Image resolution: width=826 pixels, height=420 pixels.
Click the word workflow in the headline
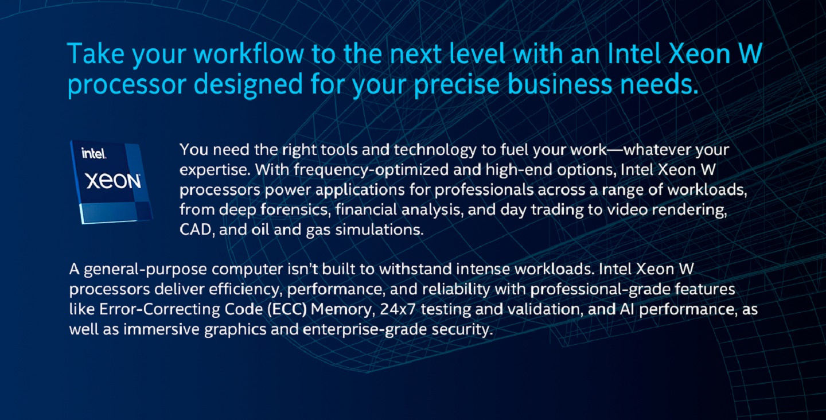[x=249, y=54]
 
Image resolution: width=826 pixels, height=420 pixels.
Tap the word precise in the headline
[x=457, y=85]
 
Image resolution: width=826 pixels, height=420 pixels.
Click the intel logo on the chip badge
[x=93, y=153]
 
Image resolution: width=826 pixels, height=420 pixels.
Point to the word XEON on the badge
[x=113, y=181]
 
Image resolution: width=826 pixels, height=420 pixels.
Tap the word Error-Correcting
[x=160, y=309]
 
